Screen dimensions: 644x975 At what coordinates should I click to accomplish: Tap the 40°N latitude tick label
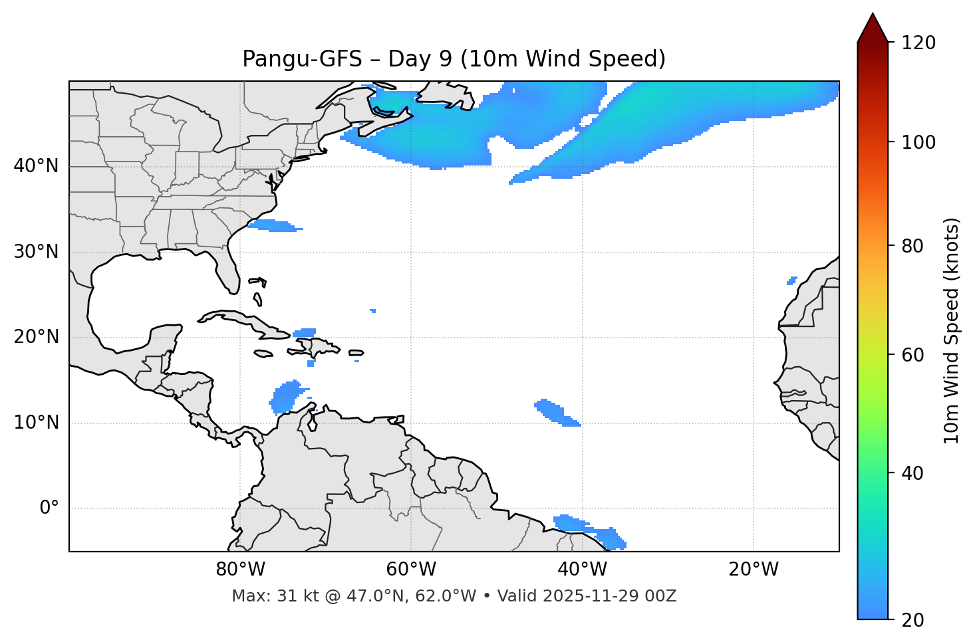pos(36,166)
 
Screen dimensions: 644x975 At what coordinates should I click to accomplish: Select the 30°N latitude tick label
pos(36,252)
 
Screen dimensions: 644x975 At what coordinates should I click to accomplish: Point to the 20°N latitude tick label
pos(36,337)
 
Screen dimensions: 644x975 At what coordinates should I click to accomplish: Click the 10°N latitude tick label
pos(36,423)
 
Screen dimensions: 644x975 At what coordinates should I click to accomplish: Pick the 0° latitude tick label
pos(49,508)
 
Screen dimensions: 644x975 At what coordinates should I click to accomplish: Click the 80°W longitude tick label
pos(240,570)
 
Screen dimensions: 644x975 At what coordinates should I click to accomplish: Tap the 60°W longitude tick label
pos(411,570)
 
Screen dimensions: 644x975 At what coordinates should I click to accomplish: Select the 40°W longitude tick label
pos(583,570)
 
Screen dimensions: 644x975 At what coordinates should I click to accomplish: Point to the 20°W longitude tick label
pos(754,570)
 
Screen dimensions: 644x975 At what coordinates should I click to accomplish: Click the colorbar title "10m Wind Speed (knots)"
pos(952,330)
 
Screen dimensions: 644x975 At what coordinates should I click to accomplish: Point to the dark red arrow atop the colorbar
pos(873,28)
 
